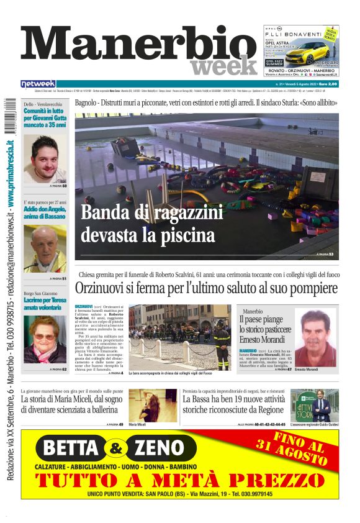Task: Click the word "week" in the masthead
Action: (223, 65)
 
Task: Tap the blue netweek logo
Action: (38, 83)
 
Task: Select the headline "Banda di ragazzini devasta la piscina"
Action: (152, 224)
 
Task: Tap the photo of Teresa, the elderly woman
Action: (45, 339)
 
